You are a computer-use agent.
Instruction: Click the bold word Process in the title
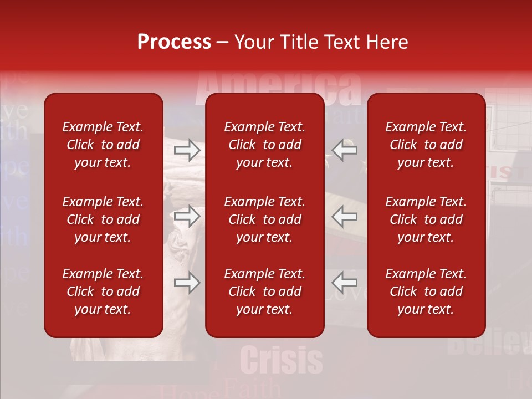pos(174,42)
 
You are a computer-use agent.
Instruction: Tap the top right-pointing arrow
pos(187,150)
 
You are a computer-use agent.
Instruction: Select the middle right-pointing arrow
pos(187,216)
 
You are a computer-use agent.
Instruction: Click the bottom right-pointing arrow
pos(187,283)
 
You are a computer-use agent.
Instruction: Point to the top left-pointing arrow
pos(344,150)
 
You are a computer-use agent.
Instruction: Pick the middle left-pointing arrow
pos(344,216)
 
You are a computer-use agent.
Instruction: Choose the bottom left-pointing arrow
pos(344,283)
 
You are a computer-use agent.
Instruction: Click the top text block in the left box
pos(103,145)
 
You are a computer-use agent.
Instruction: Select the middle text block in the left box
pos(103,219)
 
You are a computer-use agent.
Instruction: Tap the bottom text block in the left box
pos(103,291)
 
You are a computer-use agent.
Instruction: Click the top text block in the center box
pos(264,145)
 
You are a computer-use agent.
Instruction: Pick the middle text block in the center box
pos(264,219)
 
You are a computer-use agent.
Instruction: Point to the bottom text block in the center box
pos(264,291)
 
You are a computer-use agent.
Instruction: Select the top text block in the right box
pos(426,145)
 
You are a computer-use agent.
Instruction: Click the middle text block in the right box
pos(426,219)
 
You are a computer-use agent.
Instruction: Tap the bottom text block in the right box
pos(426,291)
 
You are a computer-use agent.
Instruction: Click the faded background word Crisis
pos(282,360)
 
